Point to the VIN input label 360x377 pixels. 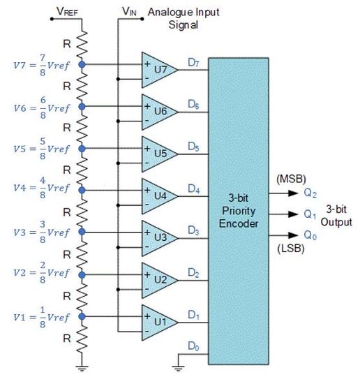point(129,10)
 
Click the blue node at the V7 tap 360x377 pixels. point(83,64)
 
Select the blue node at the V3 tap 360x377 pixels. point(83,231)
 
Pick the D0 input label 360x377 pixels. point(193,345)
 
